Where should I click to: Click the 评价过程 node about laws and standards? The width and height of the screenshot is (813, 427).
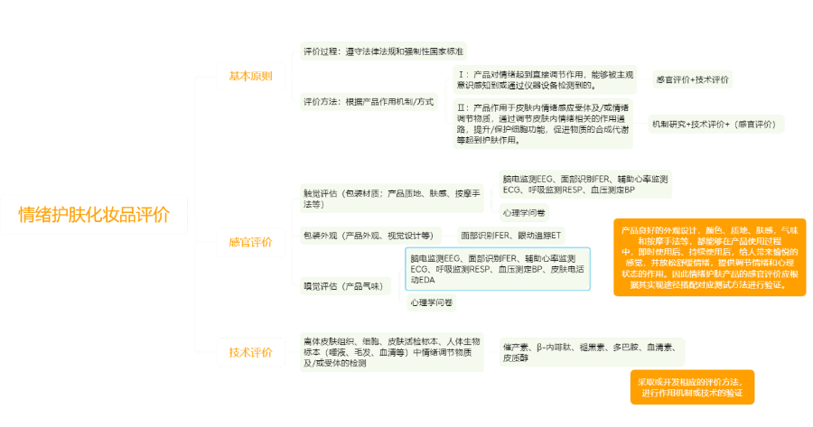point(383,51)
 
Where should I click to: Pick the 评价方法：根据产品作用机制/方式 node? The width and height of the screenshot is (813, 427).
point(369,100)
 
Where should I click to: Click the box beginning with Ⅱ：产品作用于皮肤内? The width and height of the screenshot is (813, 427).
point(543,124)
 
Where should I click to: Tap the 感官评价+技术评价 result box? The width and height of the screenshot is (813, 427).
point(693,80)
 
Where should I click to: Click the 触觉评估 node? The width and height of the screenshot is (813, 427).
point(393,198)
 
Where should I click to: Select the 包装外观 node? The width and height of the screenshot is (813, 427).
point(369,236)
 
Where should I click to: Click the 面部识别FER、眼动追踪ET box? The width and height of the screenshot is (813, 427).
point(511,236)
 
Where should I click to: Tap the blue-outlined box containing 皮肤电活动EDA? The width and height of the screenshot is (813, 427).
point(498,269)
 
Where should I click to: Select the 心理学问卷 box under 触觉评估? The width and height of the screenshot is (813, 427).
point(524,213)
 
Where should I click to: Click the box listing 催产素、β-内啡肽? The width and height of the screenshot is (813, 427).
point(593,352)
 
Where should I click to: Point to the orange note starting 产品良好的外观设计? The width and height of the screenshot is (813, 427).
point(710,256)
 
